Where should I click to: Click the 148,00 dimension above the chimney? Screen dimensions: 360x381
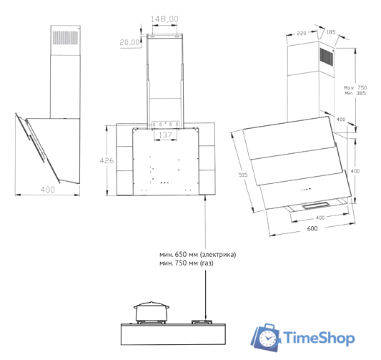(x=166, y=18)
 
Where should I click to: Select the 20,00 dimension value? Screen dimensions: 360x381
(x=130, y=42)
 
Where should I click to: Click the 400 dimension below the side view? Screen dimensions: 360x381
(x=48, y=189)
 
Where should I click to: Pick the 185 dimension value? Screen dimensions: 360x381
(x=331, y=32)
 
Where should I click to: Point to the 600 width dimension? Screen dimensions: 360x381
(x=312, y=228)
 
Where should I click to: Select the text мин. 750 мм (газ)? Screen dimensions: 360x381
(x=187, y=263)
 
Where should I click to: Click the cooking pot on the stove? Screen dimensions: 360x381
(x=152, y=312)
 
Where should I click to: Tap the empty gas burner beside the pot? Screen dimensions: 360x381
(x=204, y=323)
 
